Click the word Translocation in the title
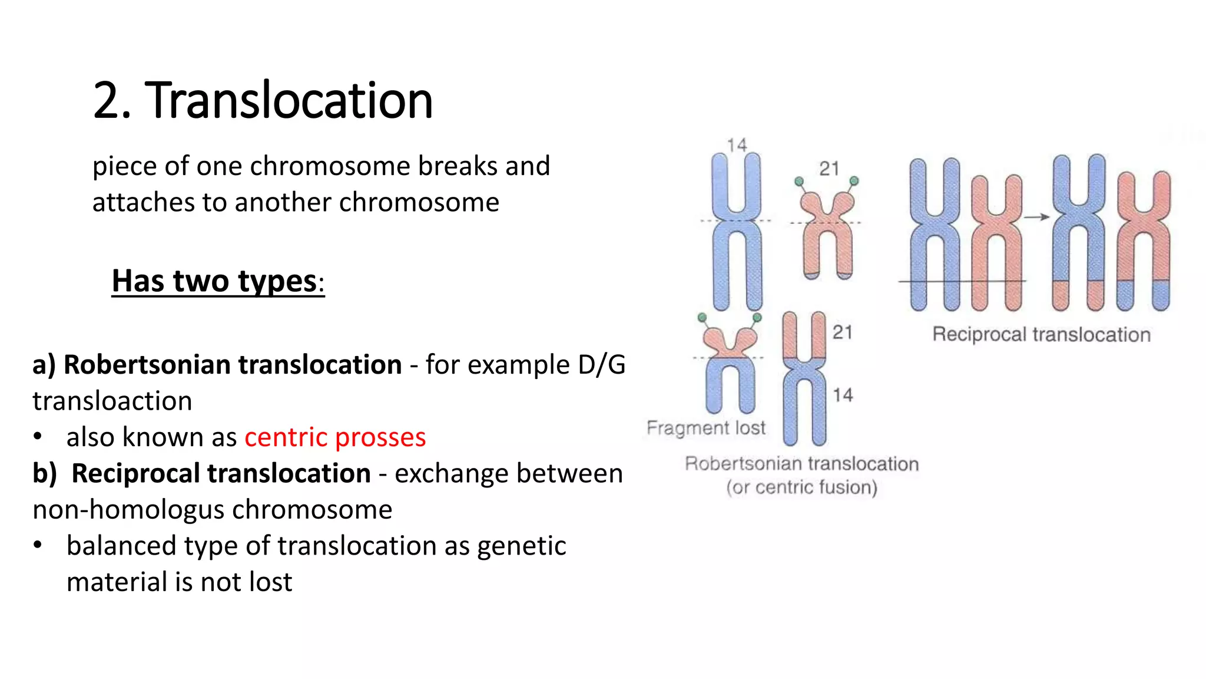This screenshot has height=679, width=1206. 289,100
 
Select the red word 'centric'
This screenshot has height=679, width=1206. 286,437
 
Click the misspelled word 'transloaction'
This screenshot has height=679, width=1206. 112,401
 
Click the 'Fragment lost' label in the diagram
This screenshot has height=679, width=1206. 705,427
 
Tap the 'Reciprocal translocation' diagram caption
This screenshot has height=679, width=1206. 1041,335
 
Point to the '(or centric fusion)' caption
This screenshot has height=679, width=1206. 801,487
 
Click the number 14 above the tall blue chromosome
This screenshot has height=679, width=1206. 736,145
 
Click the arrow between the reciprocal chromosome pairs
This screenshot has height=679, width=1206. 1037,217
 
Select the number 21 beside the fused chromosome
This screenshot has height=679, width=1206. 842,332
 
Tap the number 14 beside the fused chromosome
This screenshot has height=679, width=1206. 842,395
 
